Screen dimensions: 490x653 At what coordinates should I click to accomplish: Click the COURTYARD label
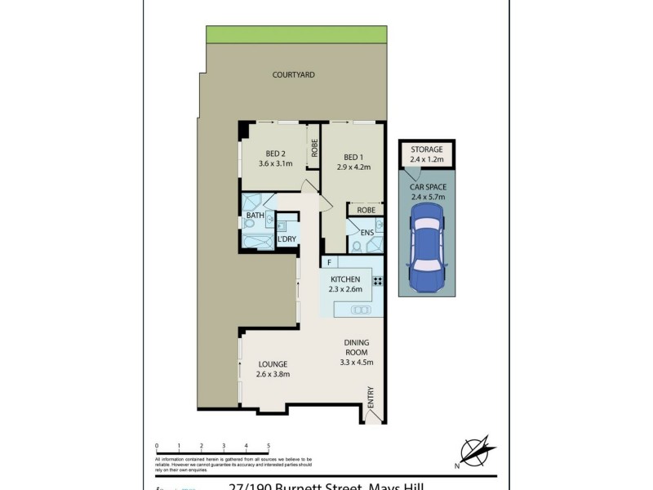point(293,75)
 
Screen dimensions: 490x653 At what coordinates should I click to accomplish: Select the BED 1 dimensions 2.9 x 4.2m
point(353,167)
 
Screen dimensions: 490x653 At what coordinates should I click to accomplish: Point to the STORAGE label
point(426,149)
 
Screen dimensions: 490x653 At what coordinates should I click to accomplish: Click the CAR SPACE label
point(427,187)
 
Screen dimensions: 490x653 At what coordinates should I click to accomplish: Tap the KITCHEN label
point(345,279)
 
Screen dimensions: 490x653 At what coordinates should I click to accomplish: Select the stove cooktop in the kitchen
point(379,281)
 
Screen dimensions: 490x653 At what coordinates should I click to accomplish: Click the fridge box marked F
point(328,262)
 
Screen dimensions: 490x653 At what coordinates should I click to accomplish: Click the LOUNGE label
point(273,364)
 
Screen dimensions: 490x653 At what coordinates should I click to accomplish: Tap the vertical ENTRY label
point(371,398)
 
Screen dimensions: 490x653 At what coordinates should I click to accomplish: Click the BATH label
point(255,216)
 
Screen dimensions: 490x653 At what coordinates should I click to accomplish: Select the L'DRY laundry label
point(286,239)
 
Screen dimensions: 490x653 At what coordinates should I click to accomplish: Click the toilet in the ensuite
point(357,245)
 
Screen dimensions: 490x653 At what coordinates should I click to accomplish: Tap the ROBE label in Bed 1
point(366,210)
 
